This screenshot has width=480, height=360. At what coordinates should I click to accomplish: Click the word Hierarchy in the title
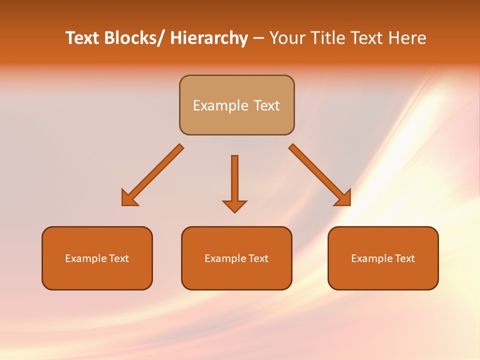pos(209,38)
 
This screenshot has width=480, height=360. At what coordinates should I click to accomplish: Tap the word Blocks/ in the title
pos(134,38)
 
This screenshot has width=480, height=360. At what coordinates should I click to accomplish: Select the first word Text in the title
pos(82,38)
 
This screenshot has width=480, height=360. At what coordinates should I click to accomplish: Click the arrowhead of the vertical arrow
pos(234,206)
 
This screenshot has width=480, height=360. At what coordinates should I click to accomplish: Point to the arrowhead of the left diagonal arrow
pos(128,199)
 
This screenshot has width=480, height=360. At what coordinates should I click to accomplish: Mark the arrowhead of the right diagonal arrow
pos(344,199)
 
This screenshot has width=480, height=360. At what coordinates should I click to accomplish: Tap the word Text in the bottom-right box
pos(404,258)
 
